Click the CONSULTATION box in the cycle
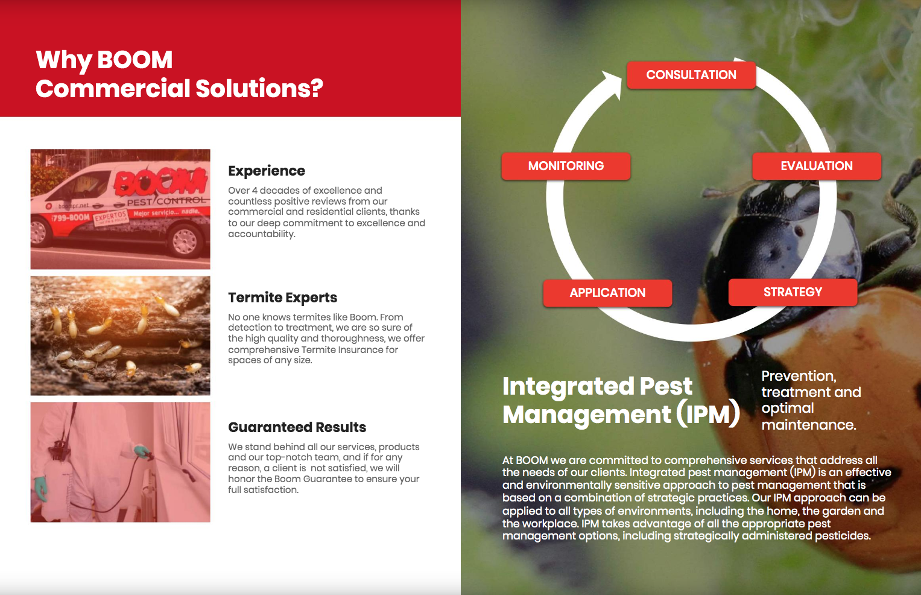(x=691, y=75)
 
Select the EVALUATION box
(x=817, y=166)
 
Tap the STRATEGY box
(x=793, y=292)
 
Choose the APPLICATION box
(x=607, y=293)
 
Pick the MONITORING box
(x=566, y=166)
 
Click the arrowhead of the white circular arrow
(x=613, y=84)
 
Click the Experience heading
(x=267, y=171)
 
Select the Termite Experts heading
(x=282, y=297)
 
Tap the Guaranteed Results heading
(x=297, y=427)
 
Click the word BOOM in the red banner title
(x=135, y=60)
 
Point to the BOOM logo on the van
(x=161, y=180)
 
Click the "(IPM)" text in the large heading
(x=707, y=414)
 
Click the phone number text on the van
(x=71, y=217)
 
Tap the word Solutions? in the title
(x=259, y=89)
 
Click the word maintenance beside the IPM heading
(x=809, y=425)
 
